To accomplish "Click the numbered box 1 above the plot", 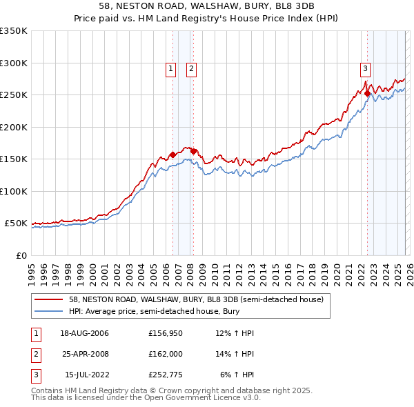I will (170, 68).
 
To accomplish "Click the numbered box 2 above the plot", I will (190, 68).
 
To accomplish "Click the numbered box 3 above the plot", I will (364, 68).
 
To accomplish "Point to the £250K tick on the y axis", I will (13, 95).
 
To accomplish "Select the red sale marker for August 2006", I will (172, 155).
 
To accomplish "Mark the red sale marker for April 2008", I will (193, 151).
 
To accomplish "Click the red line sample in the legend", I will (49, 299).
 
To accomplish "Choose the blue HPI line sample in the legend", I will (49, 311).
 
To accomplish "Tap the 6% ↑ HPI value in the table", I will (237, 374).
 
